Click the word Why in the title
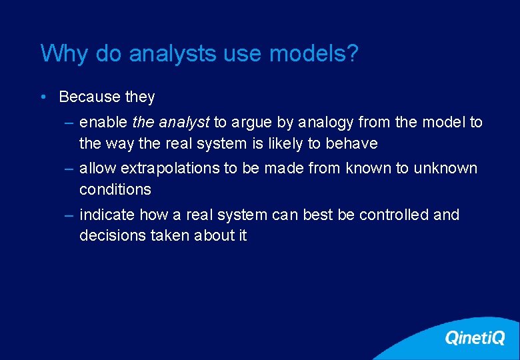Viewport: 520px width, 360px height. (64, 54)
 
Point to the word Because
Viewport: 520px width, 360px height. (89, 97)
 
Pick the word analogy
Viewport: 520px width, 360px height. (326, 123)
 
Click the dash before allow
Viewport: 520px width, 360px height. (70, 169)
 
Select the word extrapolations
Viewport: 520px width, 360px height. (172, 169)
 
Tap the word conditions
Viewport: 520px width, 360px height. (115, 189)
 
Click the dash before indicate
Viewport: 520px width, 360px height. (70, 215)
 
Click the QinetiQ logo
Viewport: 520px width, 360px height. (474, 338)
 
